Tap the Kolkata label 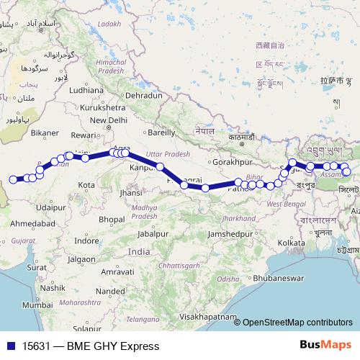click(x=290, y=243)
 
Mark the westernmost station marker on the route click(x=13, y=179)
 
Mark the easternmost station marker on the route click(x=346, y=171)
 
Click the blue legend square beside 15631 click(x=11, y=346)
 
